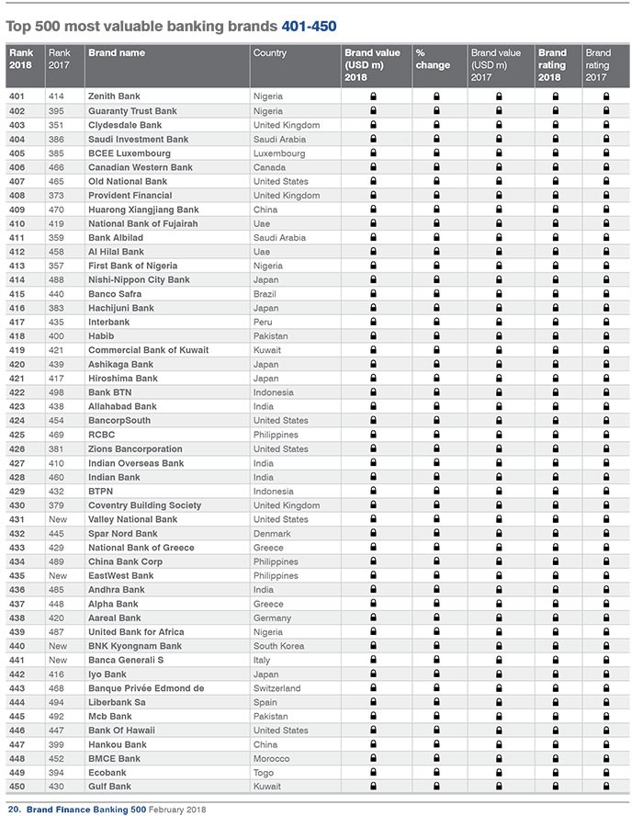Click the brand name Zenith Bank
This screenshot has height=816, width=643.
pyautogui.click(x=113, y=96)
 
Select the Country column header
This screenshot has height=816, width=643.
pyautogui.click(x=270, y=53)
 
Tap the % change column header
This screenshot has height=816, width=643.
pyautogui.click(x=433, y=59)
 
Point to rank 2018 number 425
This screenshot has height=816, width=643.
pyautogui.click(x=17, y=435)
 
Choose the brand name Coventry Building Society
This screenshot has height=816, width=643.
pyautogui.click(x=143, y=505)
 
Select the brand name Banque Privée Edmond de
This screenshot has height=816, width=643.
pyautogui.click(x=145, y=688)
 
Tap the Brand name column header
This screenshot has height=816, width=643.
pyautogui.click(x=116, y=53)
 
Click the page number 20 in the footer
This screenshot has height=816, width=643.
pyautogui.click(x=13, y=810)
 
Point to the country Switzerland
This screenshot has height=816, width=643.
pyautogui.click(x=276, y=688)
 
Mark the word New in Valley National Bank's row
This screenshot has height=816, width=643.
pyautogui.click(x=57, y=519)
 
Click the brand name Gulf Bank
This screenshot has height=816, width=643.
pyautogui.click(x=109, y=787)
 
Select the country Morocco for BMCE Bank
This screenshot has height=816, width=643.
pyautogui.click(x=271, y=759)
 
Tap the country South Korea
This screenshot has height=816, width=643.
pyautogui.click(x=278, y=646)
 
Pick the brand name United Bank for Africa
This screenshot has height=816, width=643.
pyautogui.click(x=135, y=632)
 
